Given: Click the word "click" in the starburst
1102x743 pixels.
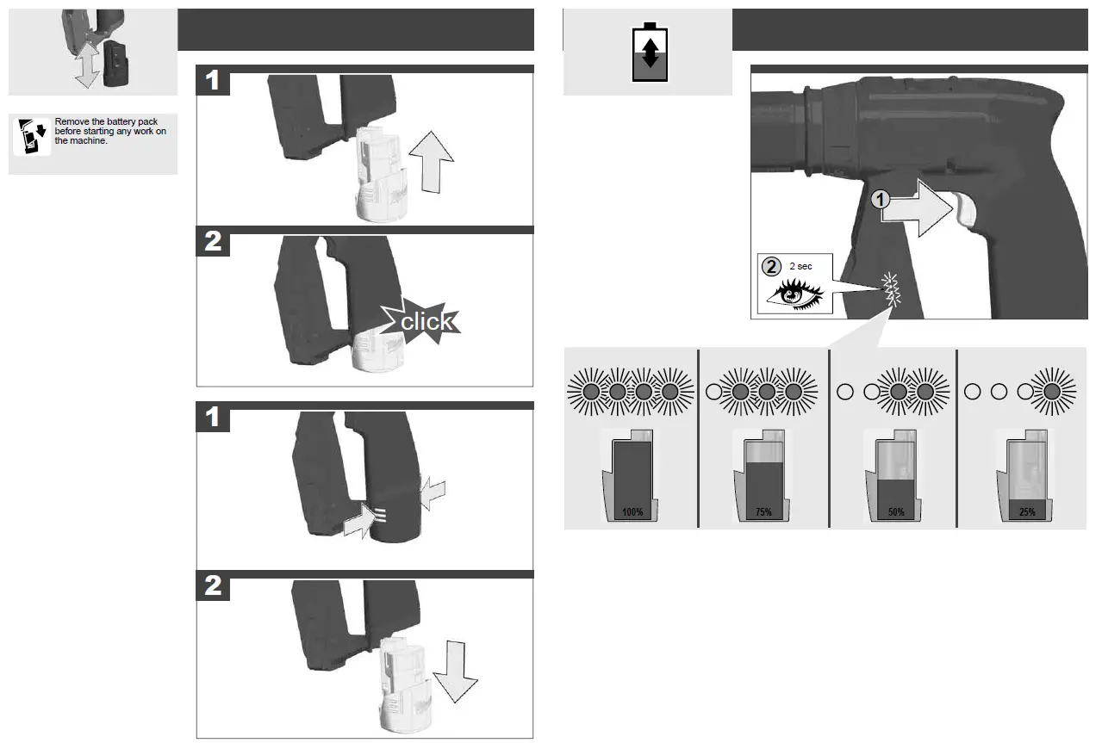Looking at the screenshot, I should tap(426, 321).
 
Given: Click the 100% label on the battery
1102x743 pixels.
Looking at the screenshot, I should tap(632, 512).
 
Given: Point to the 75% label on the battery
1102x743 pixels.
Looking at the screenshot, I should tap(763, 512).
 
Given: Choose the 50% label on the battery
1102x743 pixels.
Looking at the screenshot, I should tap(896, 512).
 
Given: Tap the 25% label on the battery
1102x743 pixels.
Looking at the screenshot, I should tap(1027, 512).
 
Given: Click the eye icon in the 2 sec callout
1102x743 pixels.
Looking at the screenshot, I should tap(794, 293).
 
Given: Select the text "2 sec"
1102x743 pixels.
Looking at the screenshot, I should tap(800, 267).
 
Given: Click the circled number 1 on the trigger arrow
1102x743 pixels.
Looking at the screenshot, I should tap(878, 200).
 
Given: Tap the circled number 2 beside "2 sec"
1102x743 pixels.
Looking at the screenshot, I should tap(771, 266).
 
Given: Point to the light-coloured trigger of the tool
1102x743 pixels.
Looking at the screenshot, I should tap(965, 209).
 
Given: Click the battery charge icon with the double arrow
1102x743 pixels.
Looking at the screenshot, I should tap(650, 52).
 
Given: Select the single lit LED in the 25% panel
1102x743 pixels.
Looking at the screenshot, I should tap(1051, 391).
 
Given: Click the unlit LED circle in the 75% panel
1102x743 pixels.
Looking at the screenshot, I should tap(713, 391).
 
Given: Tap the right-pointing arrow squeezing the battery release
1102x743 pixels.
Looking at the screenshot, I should tap(362, 518).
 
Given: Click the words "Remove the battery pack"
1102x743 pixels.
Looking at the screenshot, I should tap(106, 121).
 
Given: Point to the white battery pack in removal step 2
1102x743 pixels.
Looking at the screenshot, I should tap(402, 680).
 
